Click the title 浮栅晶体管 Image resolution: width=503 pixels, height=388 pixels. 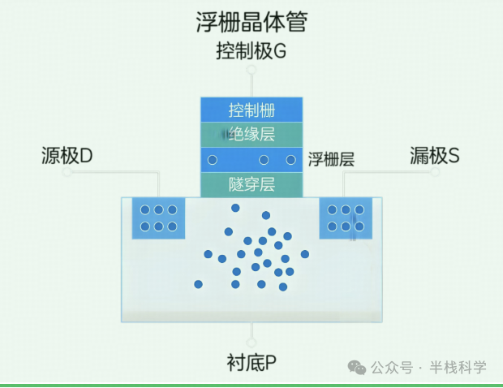click(251, 22)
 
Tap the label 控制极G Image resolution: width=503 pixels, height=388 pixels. click(251, 51)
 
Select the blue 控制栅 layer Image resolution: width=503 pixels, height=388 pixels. click(251, 110)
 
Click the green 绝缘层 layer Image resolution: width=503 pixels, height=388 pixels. click(251, 135)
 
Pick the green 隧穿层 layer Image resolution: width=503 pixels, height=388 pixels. click(251, 184)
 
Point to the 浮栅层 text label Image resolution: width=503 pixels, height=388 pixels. click(331, 160)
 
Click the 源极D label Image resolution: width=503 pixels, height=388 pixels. click(67, 155)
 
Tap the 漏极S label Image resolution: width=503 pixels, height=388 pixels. click(435, 155)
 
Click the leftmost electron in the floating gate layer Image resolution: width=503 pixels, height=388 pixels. click(213, 160)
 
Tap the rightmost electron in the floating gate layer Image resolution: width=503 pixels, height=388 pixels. click(291, 160)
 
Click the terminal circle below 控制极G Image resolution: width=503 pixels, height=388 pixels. click(251, 71)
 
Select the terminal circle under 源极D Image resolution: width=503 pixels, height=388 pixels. click(67, 172)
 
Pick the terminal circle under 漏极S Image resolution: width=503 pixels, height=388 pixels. click(435, 172)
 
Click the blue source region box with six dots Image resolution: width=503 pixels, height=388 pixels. click(158, 218)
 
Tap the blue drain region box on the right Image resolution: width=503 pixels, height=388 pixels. click(346, 218)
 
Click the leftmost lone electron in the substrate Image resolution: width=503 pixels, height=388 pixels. click(198, 284)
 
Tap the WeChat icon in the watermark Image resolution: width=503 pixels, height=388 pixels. click(357, 368)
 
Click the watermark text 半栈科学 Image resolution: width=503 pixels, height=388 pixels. click(458, 368)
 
